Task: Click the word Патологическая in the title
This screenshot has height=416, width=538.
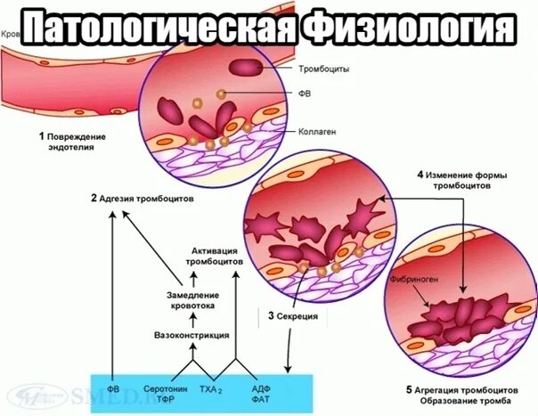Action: point(156,28)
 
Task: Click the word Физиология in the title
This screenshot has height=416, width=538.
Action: point(406,28)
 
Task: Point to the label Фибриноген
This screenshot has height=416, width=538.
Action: point(414,278)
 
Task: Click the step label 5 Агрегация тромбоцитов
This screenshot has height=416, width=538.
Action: point(461,390)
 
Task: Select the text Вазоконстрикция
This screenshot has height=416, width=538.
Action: point(192,335)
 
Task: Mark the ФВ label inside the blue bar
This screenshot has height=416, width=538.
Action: point(113,389)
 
